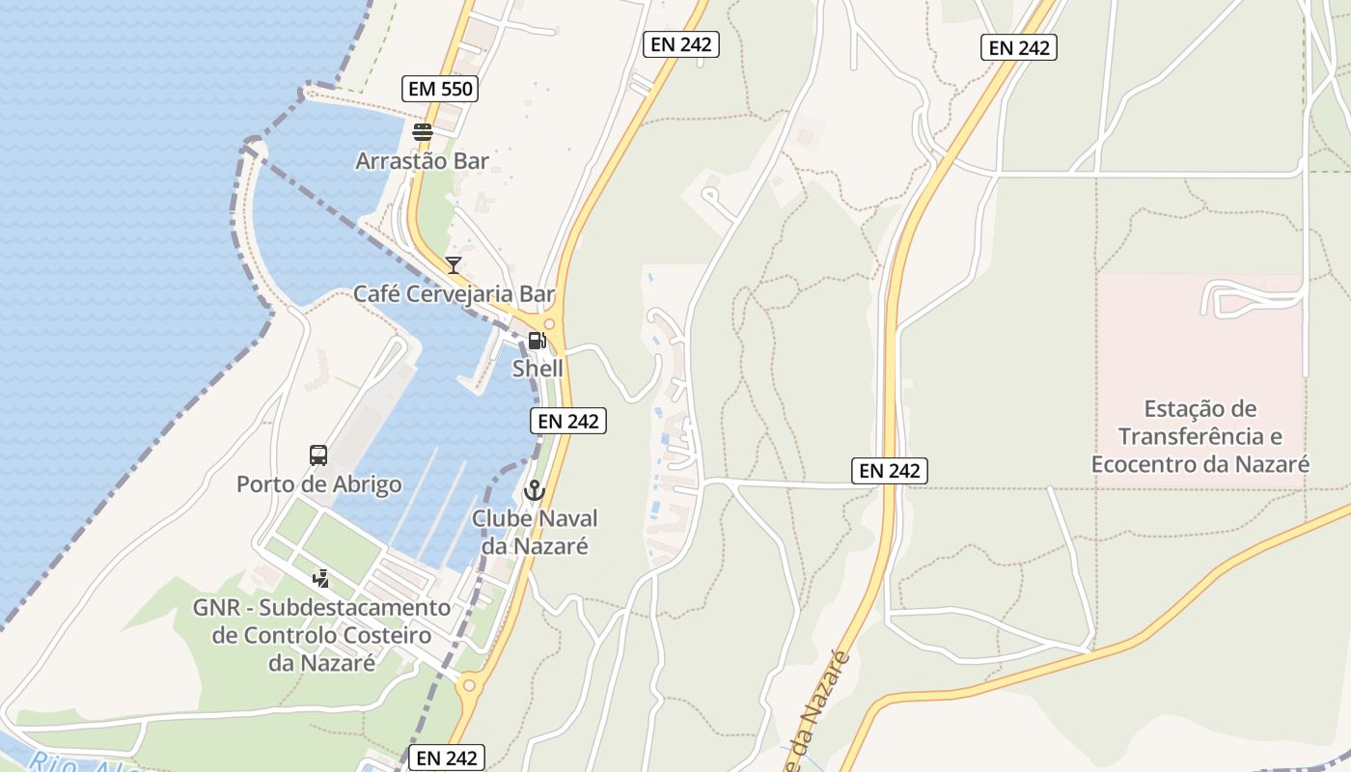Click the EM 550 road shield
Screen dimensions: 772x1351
coord(440,89)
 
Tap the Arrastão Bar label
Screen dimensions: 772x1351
coord(422,160)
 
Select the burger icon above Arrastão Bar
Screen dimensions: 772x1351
coord(422,132)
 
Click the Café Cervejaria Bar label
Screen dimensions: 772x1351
coord(454,293)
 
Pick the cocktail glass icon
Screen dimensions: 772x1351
coord(454,265)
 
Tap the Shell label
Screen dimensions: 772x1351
coord(538,369)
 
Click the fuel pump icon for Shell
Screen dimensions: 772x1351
coord(537,341)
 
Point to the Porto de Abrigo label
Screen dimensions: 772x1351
coord(319,483)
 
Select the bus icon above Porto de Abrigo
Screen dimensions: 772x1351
coord(318,455)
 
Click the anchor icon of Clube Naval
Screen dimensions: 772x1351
coord(534,491)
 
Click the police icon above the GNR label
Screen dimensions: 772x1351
coord(321,579)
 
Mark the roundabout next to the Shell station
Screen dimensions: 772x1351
coord(550,324)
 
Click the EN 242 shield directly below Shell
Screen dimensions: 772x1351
coord(568,421)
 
